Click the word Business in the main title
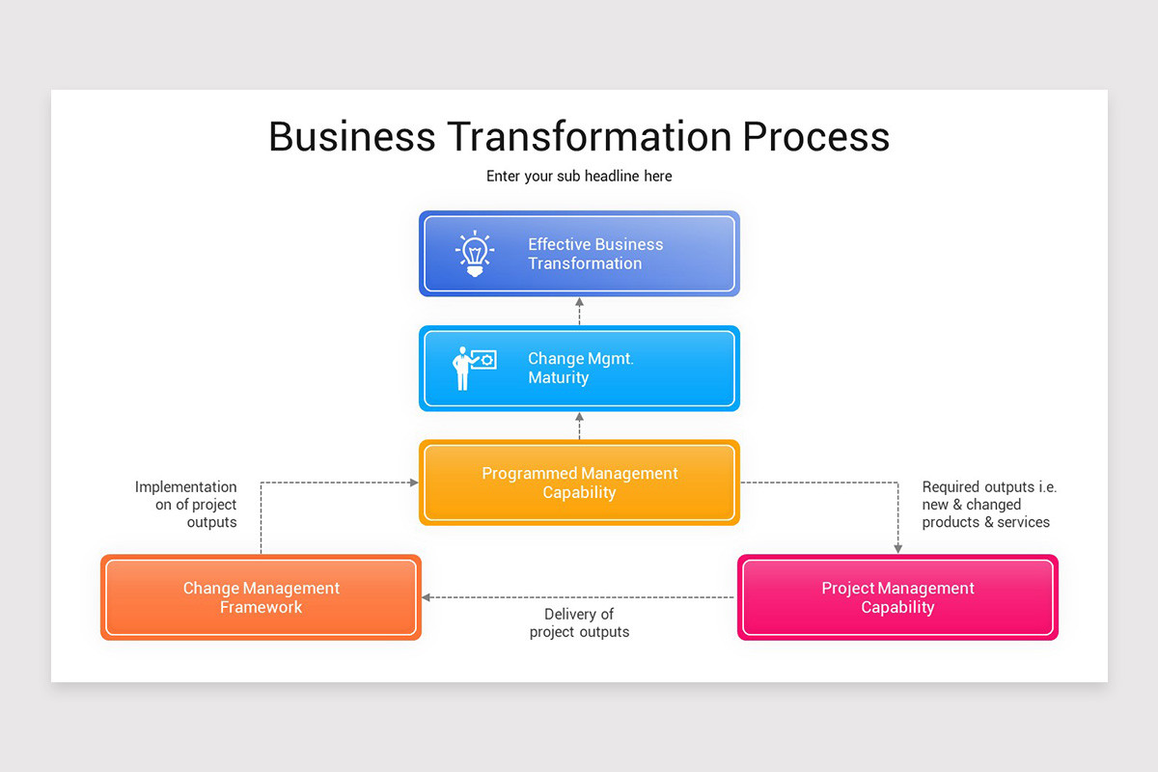pos(351,136)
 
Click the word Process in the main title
pos(815,136)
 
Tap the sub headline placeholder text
pos(579,177)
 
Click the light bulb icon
pos(474,254)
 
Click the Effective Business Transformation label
pos(595,254)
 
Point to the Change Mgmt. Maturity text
pos(580,368)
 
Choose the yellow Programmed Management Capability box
pos(579,482)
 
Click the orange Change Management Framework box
pos(261,597)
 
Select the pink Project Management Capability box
pos(897,597)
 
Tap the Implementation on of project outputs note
pos(186,505)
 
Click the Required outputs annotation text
pos(988,505)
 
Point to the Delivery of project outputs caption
pos(579,623)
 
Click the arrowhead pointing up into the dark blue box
pos(580,303)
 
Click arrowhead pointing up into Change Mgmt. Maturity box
pos(580,418)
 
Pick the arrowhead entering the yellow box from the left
pos(413,482)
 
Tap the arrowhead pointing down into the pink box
pos(898,548)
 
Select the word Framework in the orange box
pos(261,607)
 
